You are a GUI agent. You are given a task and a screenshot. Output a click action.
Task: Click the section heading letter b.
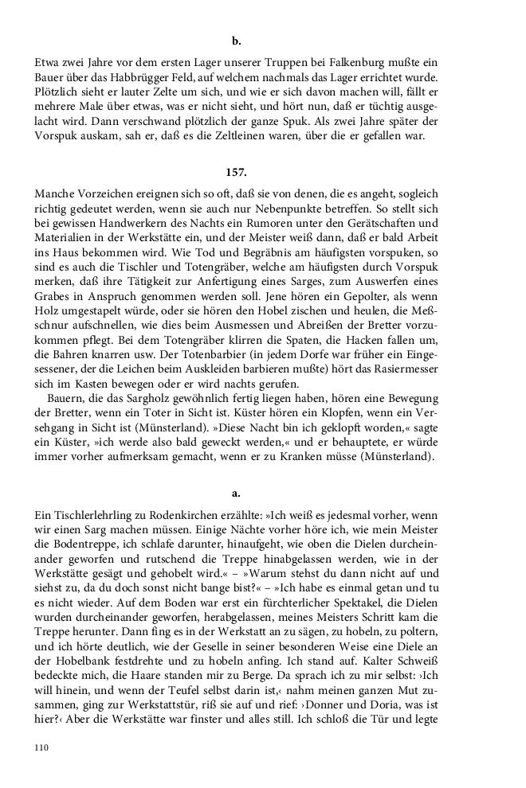236,40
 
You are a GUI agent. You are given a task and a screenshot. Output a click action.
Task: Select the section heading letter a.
236,493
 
